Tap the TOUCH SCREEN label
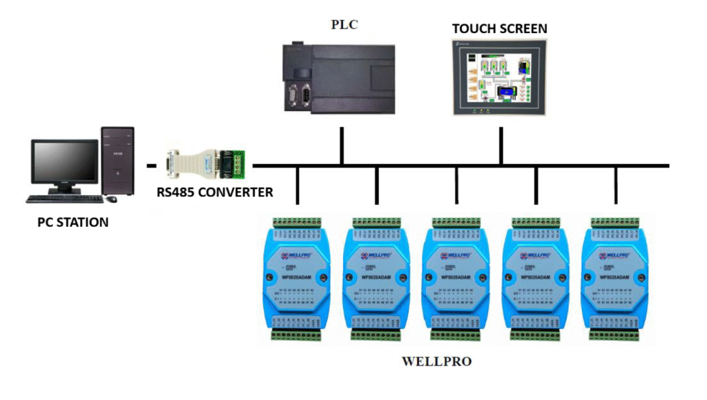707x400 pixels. (x=499, y=28)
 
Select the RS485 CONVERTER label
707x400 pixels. (x=215, y=192)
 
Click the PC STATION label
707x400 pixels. (x=72, y=223)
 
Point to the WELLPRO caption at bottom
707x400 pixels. (x=436, y=361)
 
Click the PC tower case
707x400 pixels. (x=117, y=161)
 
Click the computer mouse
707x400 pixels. (x=111, y=199)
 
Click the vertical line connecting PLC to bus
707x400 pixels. (x=342, y=146)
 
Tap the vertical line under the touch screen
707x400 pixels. (x=501, y=146)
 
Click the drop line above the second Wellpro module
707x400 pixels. (x=376, y=185)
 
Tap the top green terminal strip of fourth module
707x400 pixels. (x=536, y=223)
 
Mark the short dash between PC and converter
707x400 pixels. (x=152, y=166)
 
